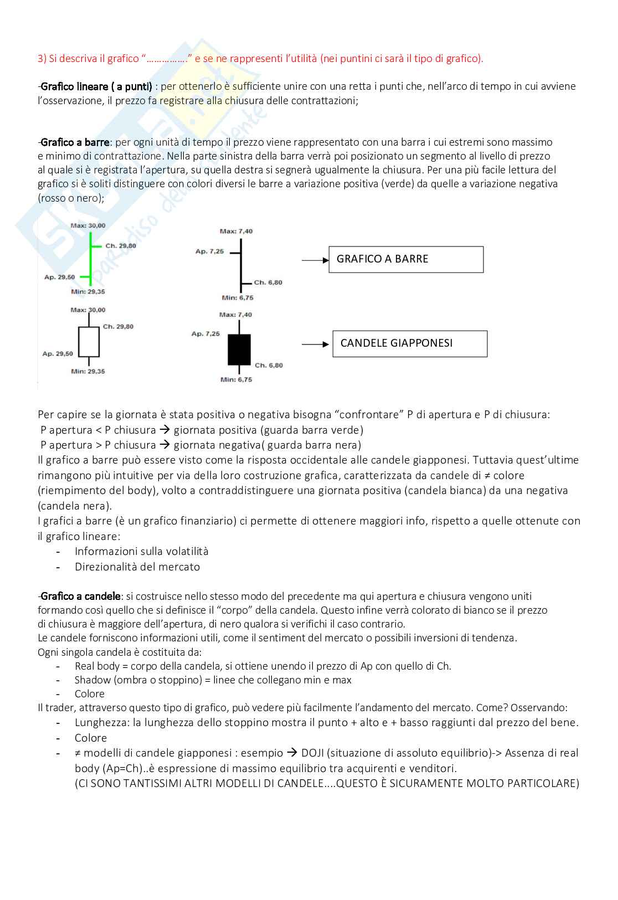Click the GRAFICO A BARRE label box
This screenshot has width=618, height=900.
[405, 259]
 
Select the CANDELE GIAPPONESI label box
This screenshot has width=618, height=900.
[409, 343]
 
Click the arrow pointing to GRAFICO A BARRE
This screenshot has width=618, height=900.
[315, 260]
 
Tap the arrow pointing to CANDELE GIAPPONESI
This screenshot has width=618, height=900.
[315, 344]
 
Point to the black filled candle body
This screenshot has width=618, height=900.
[239, 349]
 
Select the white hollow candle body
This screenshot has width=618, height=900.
[89, 342]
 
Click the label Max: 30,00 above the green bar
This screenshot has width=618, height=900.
[88, 225]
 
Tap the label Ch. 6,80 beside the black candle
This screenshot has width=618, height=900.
[269, 365]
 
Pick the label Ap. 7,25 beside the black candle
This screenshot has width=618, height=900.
[205, 333]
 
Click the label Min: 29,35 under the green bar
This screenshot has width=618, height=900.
[88, 291]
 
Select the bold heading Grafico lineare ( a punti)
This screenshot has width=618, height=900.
[96, 86]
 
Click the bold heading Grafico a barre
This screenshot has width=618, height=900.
[75, 142]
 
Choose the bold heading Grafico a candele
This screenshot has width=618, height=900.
[81, 596]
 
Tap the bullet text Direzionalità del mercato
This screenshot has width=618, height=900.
[137, 567]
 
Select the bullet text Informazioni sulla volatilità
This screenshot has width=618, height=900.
[142, 551]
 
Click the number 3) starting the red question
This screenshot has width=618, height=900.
[42, 59]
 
